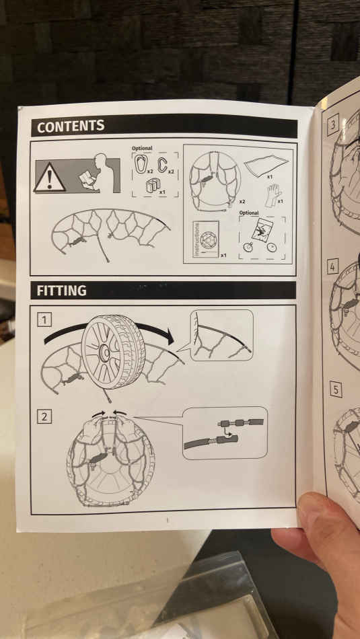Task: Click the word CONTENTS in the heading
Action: pos(71,126)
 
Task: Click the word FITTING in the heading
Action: pos(61,291)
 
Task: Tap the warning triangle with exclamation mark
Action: pos(49,178)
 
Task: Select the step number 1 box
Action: pos(44,319)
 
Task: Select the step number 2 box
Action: pos(44,416)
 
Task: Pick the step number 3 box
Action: pos(333,125)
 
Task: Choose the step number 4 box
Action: pos(332,267)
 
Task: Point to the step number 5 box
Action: pos(336,389)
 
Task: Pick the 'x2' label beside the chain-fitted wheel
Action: pos(242,202)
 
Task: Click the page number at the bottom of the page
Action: pos(167,519)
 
